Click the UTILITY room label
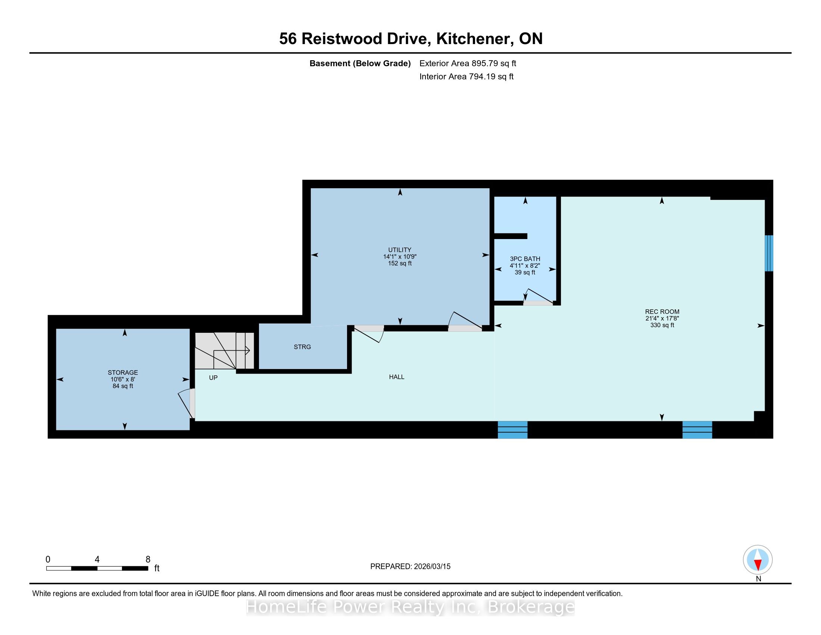click(x=400, y=250)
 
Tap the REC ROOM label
click(x=662, y=312)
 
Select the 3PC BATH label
click(x=525, y=259)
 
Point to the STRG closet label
click(x=302, y=347)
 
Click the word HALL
click(x=397, y=377)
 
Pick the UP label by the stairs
click(x=213, y=378)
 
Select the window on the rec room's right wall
click(x=769, y=253)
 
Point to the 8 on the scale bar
click(x=148, y=560)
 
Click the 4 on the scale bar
click(x=97, y=560)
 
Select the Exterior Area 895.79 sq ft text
click(x=468, y=63)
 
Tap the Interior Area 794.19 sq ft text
click(x=466, y=76)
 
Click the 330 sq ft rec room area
click(x=662, y=325)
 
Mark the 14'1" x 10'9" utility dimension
click(x=400, y=257)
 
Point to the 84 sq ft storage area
click(x=122, y=386)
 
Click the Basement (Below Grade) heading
click(x=360, y=63)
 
